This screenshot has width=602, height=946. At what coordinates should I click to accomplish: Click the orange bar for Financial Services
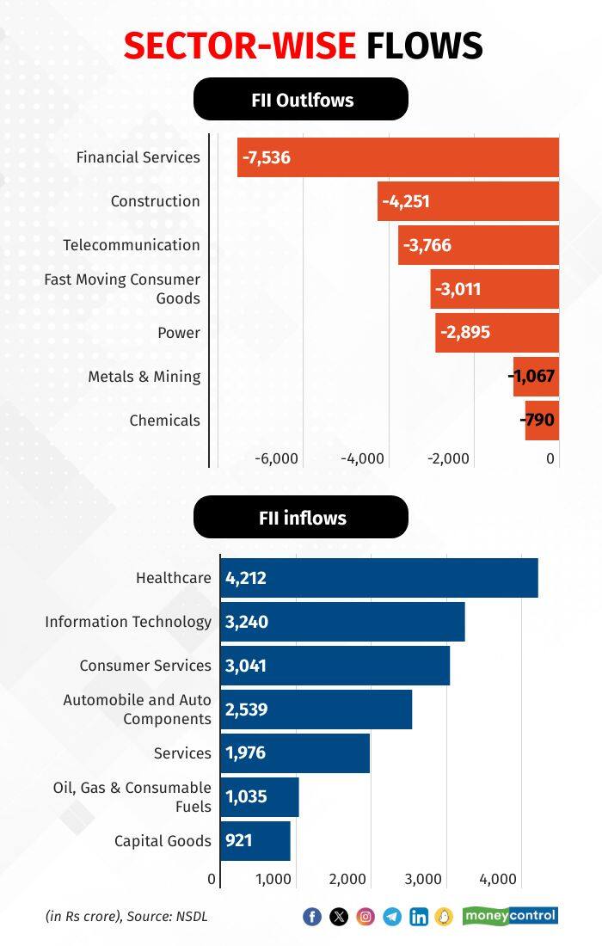(398, 157)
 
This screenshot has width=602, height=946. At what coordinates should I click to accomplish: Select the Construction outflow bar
(469, 201)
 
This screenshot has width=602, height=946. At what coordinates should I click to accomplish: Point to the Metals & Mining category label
(144, 377)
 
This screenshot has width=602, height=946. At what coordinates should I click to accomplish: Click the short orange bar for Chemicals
(542, 421)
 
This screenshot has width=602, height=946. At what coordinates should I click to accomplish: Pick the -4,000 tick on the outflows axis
(362, 458)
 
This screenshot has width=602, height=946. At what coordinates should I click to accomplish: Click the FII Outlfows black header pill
(301, 100)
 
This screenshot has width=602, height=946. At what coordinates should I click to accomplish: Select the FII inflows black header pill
(301, 518)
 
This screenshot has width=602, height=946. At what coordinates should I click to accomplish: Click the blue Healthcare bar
(379, 578)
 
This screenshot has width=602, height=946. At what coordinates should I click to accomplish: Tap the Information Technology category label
(128, 622)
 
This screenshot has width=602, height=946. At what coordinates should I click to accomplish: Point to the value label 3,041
(247, 666)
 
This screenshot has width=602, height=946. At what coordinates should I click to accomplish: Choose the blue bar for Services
(295, 753)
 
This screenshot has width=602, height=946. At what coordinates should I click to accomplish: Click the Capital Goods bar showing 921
(255, 840)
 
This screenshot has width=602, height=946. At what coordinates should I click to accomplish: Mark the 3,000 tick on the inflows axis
(423, 879)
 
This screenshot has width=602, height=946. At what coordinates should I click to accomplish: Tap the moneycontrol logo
(510, 916)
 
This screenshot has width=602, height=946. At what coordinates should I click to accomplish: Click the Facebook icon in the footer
(312, 917)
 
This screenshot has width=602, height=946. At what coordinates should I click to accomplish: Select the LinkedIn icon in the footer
(419, 917)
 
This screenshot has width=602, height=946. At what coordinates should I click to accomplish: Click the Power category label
(179, 333)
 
